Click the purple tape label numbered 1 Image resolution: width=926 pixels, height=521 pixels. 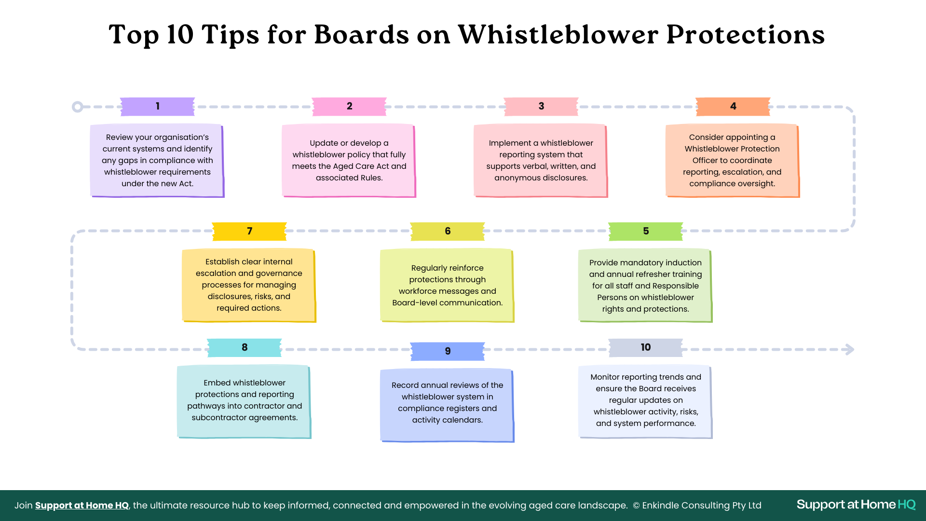tap(157, 107)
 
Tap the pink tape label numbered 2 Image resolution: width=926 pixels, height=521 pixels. tap(349, 107)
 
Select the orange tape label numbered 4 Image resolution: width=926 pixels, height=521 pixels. tap(733, 107)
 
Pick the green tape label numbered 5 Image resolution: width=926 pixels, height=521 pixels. tap(646, 232)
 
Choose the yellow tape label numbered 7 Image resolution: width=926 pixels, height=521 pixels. tap(249, 232)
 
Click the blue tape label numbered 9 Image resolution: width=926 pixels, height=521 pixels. tap(448, 351)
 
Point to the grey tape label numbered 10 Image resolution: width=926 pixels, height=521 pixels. tap(646, 347)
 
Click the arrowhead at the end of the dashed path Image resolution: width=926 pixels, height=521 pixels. tap(850, 349)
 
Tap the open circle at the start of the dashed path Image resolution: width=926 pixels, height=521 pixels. tap(77, 107)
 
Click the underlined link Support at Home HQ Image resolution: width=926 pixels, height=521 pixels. tap(82, 505)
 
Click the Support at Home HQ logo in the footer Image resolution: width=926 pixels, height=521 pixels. tap(856, 505)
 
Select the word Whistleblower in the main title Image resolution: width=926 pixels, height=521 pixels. tap(558, 35)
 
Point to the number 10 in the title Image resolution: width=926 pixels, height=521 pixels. tap(180, 35)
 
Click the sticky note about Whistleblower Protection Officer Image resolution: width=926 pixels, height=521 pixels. tap(732, 161)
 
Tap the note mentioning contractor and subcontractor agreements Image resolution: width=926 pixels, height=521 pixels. tap(244, 401)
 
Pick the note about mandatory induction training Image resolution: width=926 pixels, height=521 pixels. tap(645, 286)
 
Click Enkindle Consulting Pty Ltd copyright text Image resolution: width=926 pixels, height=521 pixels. tap(697, 505)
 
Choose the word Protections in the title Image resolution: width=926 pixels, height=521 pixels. tap(746, 35)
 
